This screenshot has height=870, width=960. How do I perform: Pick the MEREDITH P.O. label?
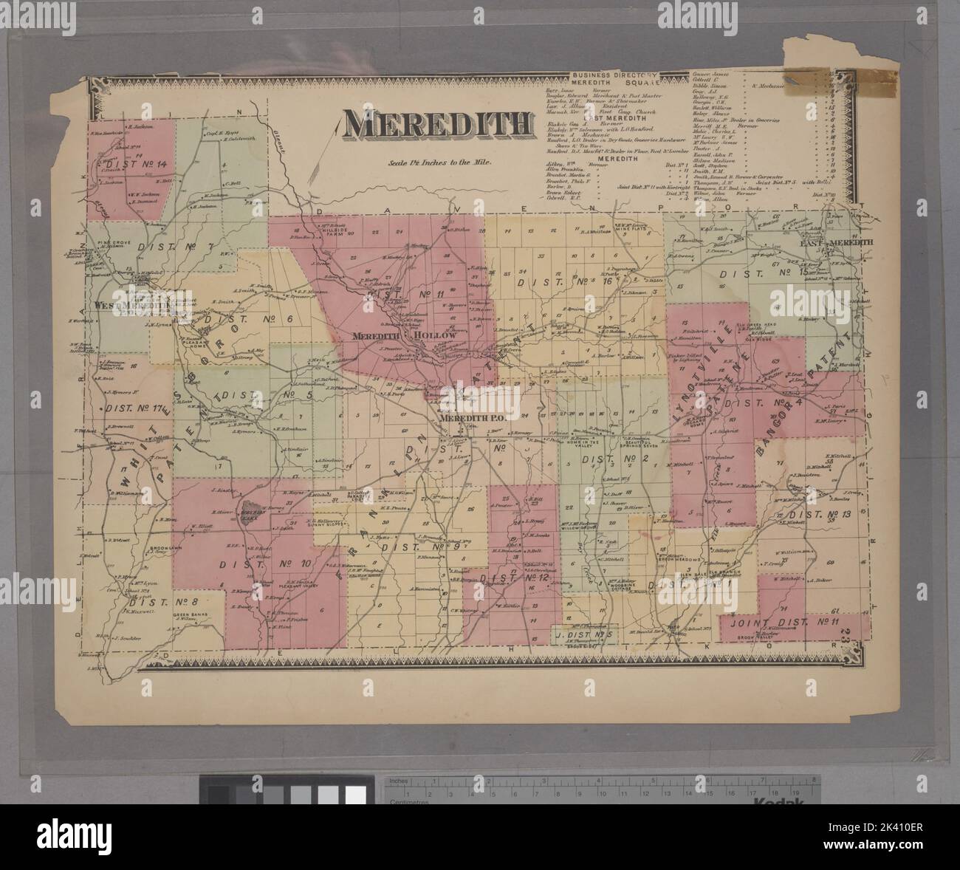pyautogui.click(x=471, y=418)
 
